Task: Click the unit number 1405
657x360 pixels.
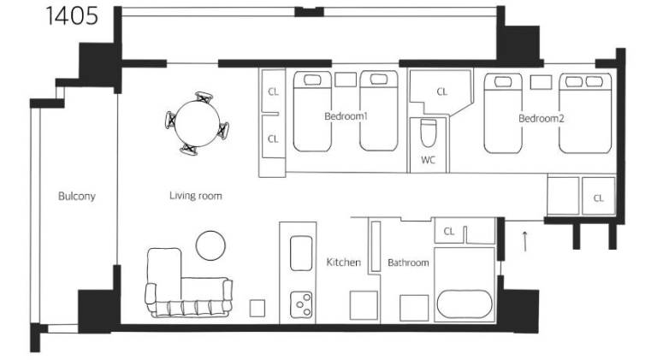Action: click(x=72, y=16)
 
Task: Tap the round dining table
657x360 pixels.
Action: click(x=197, y=124)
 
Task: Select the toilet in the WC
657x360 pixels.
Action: click(x=428, y=133)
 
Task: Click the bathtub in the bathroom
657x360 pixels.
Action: click(x=465, y=304)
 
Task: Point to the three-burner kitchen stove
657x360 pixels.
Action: click(x=302, y=304)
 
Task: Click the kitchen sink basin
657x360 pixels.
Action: click(x=301, y=253)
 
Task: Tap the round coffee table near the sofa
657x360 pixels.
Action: click(x=210, y=245)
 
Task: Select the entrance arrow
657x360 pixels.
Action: click(x=524, y=241)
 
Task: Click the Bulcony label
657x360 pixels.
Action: click(x=77, y=197)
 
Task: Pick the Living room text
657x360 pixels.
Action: click(x=196, y=196)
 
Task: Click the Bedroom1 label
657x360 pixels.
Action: click(x=346, y=116)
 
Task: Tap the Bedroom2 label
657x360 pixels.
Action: click(x=541, y=119)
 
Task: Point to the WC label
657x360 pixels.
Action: click(x=428, y=160)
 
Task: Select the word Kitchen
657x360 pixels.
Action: click(x=343, y=263)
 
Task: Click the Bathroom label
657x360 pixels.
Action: click(x=408, y=263)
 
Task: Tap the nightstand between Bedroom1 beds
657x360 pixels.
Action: click(x=346, y=80)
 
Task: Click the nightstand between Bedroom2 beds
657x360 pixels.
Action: click(x=541, y=82)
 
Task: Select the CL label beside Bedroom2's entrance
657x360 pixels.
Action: click(x=598, y=198)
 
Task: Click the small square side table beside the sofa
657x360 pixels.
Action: click(x=257, y=309)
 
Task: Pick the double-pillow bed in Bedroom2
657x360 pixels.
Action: click(x=585, y=114)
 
